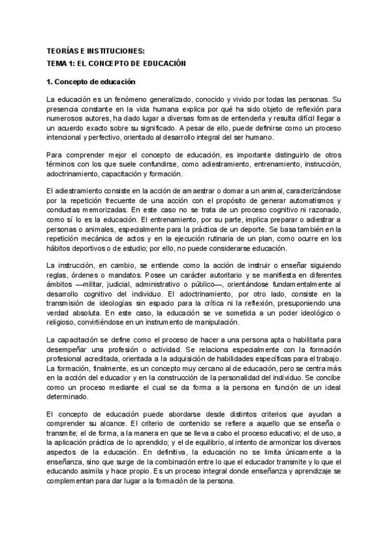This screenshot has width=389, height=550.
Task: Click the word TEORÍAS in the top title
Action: tap(63, 51)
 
